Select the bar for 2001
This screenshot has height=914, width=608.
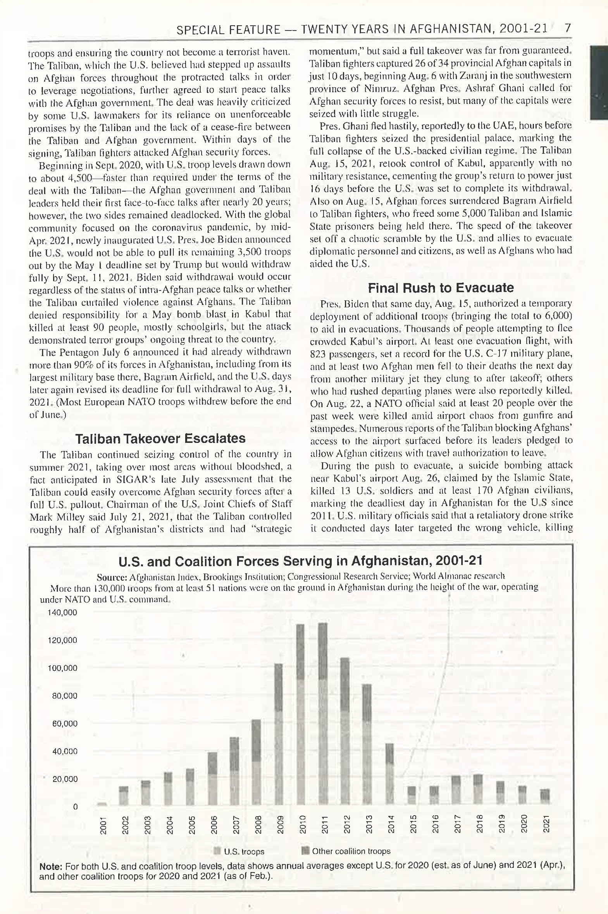[x=102, y=804]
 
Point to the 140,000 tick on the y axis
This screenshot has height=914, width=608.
[x=62, y=613]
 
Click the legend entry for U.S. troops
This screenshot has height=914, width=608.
[x=240, y=852]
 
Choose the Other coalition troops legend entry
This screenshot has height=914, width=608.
[x=346, y=851]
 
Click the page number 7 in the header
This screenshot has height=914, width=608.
[x=568, y=28]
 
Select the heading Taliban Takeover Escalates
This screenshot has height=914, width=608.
[x=160, y=438]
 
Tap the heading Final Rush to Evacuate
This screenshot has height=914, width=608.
[x=441, y=288]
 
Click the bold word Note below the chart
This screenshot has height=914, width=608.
[x=50, y=866]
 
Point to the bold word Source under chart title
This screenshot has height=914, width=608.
[x=112, y=577]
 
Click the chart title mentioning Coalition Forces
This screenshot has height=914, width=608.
[x=300, y=561]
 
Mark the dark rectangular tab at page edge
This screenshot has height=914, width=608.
[x=599, y=82]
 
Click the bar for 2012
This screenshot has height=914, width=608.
[x=345, y=731]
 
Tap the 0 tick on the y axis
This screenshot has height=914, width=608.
[x=75, y=807]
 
